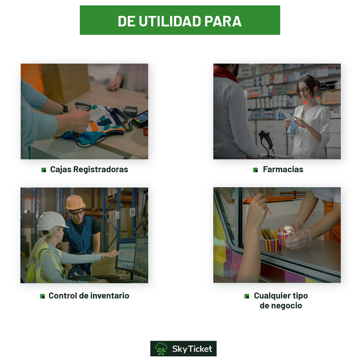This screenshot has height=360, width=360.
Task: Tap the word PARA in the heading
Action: point(223,21)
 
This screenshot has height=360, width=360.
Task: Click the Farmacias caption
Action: point(283,169)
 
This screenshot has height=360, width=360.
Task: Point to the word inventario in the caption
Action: point(107,296)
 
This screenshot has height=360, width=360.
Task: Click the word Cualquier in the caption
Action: point(272,296)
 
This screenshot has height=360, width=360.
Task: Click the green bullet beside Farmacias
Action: point(255,170)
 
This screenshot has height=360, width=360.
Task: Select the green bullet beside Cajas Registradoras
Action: point(43,170)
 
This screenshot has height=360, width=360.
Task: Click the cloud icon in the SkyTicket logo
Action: point(161,348)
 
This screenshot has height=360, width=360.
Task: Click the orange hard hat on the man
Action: point(75,202)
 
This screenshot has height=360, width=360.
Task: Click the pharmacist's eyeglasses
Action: point(303,90)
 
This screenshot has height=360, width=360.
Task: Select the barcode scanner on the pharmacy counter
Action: point(266,143)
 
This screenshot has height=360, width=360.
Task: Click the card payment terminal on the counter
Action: point(140,119)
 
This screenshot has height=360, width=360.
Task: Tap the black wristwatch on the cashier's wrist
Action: point(65,109)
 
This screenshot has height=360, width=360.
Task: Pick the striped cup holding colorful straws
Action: point(272,245)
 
